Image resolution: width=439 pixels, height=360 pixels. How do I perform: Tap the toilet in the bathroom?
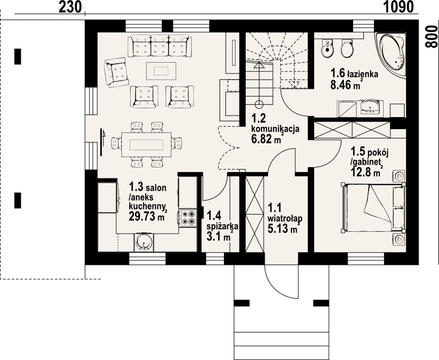(x=347, y=49)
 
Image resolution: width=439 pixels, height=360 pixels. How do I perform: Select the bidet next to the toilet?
(x=326, y=49)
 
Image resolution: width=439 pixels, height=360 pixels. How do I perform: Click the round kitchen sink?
(x=144, y=242)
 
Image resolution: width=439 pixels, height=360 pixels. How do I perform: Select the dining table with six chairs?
(x=147, y=145)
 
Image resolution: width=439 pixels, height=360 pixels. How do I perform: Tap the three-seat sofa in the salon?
(x=160, y=46)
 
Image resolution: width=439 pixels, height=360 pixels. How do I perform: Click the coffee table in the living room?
(x=161, y=71)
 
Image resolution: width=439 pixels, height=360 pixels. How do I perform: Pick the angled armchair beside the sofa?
(x=116, y=72)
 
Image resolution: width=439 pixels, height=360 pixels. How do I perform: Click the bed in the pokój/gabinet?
(x=373, y=207)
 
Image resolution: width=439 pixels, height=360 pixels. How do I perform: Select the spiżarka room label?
(x=222, y=226)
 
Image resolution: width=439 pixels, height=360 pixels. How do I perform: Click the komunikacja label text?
(x=275, y=129)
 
